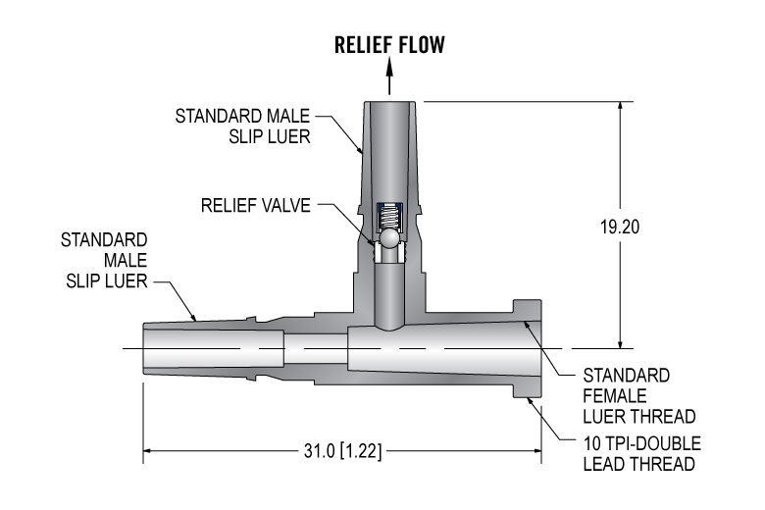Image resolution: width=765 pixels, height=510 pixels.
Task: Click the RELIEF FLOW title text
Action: pos(389,44)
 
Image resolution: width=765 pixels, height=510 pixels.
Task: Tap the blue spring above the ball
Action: pos(389,215)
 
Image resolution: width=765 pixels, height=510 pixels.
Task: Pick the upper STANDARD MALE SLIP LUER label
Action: pos(243,127)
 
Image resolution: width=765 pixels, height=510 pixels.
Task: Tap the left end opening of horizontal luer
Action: pos(145,349)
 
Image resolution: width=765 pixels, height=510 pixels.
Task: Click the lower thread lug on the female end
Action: pos(528,390)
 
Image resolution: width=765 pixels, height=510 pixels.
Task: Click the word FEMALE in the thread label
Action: pos(614,395)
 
